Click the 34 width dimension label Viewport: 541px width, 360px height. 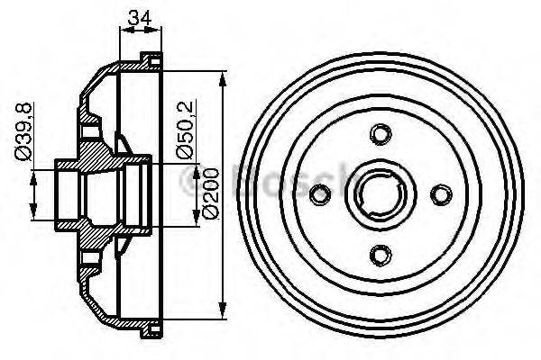tap(140, 17)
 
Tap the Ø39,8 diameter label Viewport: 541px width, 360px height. tap(24, 130)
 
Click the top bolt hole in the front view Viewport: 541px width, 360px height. tap(381, 134)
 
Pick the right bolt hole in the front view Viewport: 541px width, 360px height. tap(440, 193)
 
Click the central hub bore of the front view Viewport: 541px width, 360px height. tap(381, 193)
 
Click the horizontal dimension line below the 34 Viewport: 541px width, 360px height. tap(140, 31)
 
